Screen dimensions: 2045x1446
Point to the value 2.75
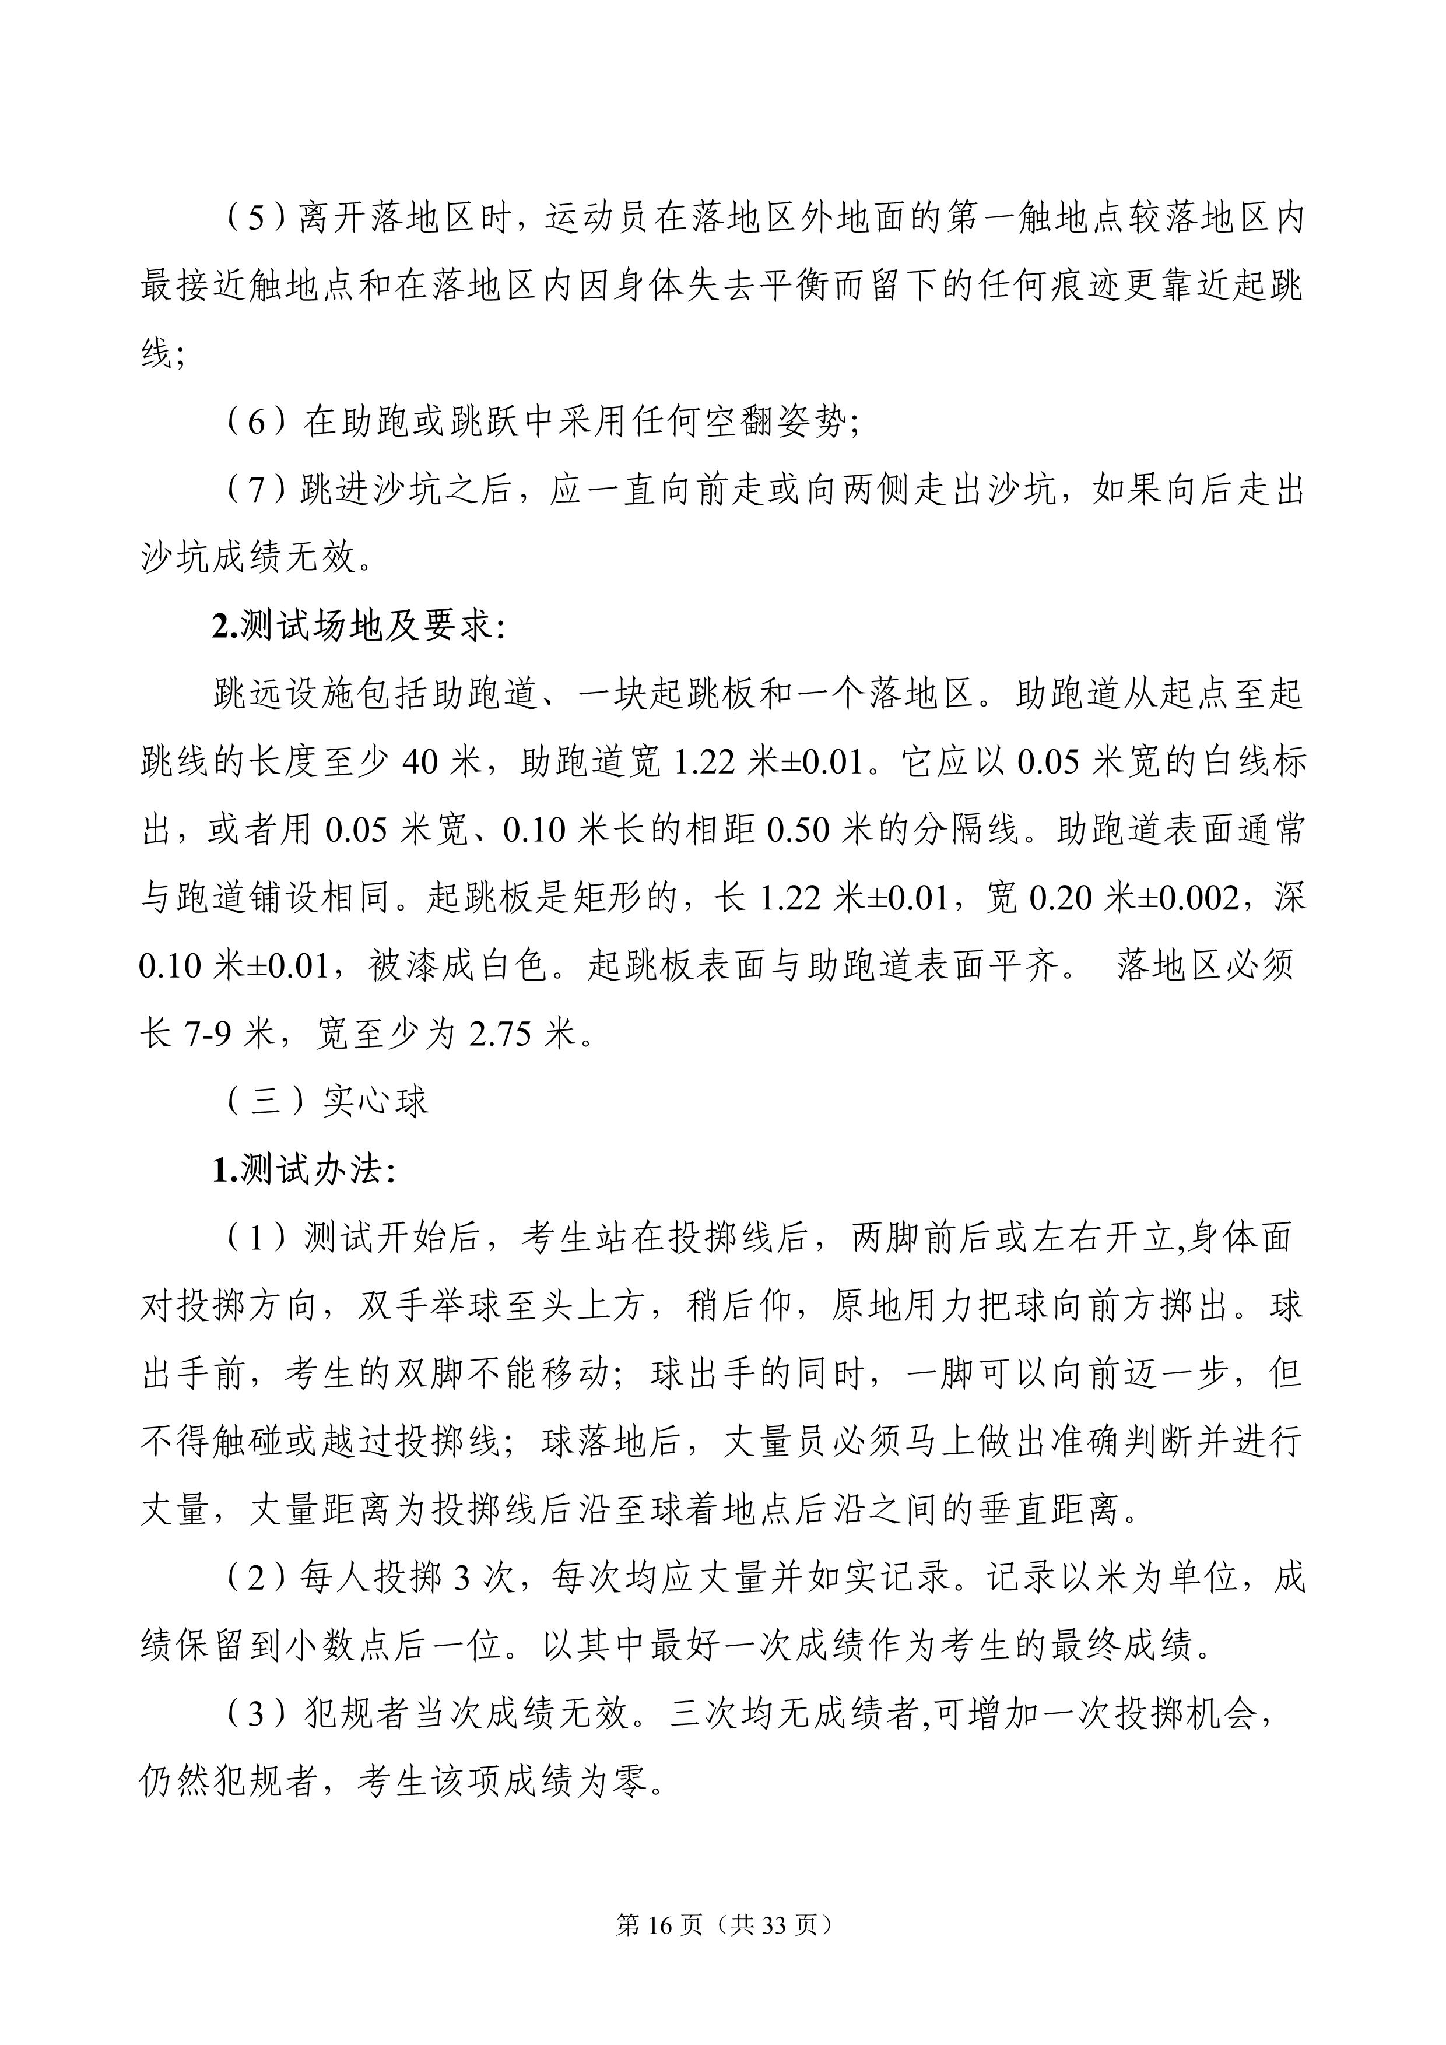(503, 1035)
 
